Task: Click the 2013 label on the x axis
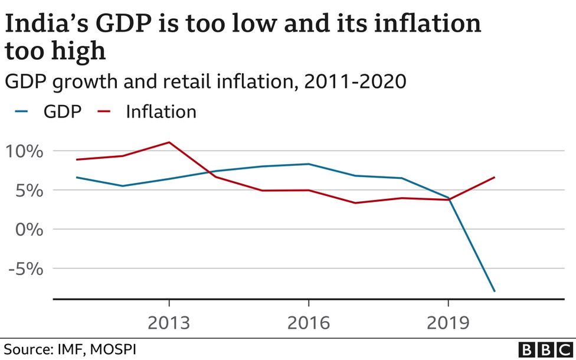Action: pyautogui.click(x=169, y=323)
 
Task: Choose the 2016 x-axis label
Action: pyautogui.click(x=309, y=323)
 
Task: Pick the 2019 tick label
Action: pyautogui.click(x=448, y=323)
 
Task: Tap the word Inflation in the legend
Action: pyautogui.click(x=161, y=112)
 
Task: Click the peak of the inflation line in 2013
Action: pyautogui.click(x=169, y=142)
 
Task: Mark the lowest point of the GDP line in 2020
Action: pyautogui.click(x=495, y=292)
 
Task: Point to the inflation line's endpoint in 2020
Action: pyautogui.click(x=495, y=177)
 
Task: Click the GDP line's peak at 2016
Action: pyautogui.click(x=309, y=164)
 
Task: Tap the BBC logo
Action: pyautogui.click(x=545, y=349)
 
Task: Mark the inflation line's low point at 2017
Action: pyautogui.click(x=355, y=203)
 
